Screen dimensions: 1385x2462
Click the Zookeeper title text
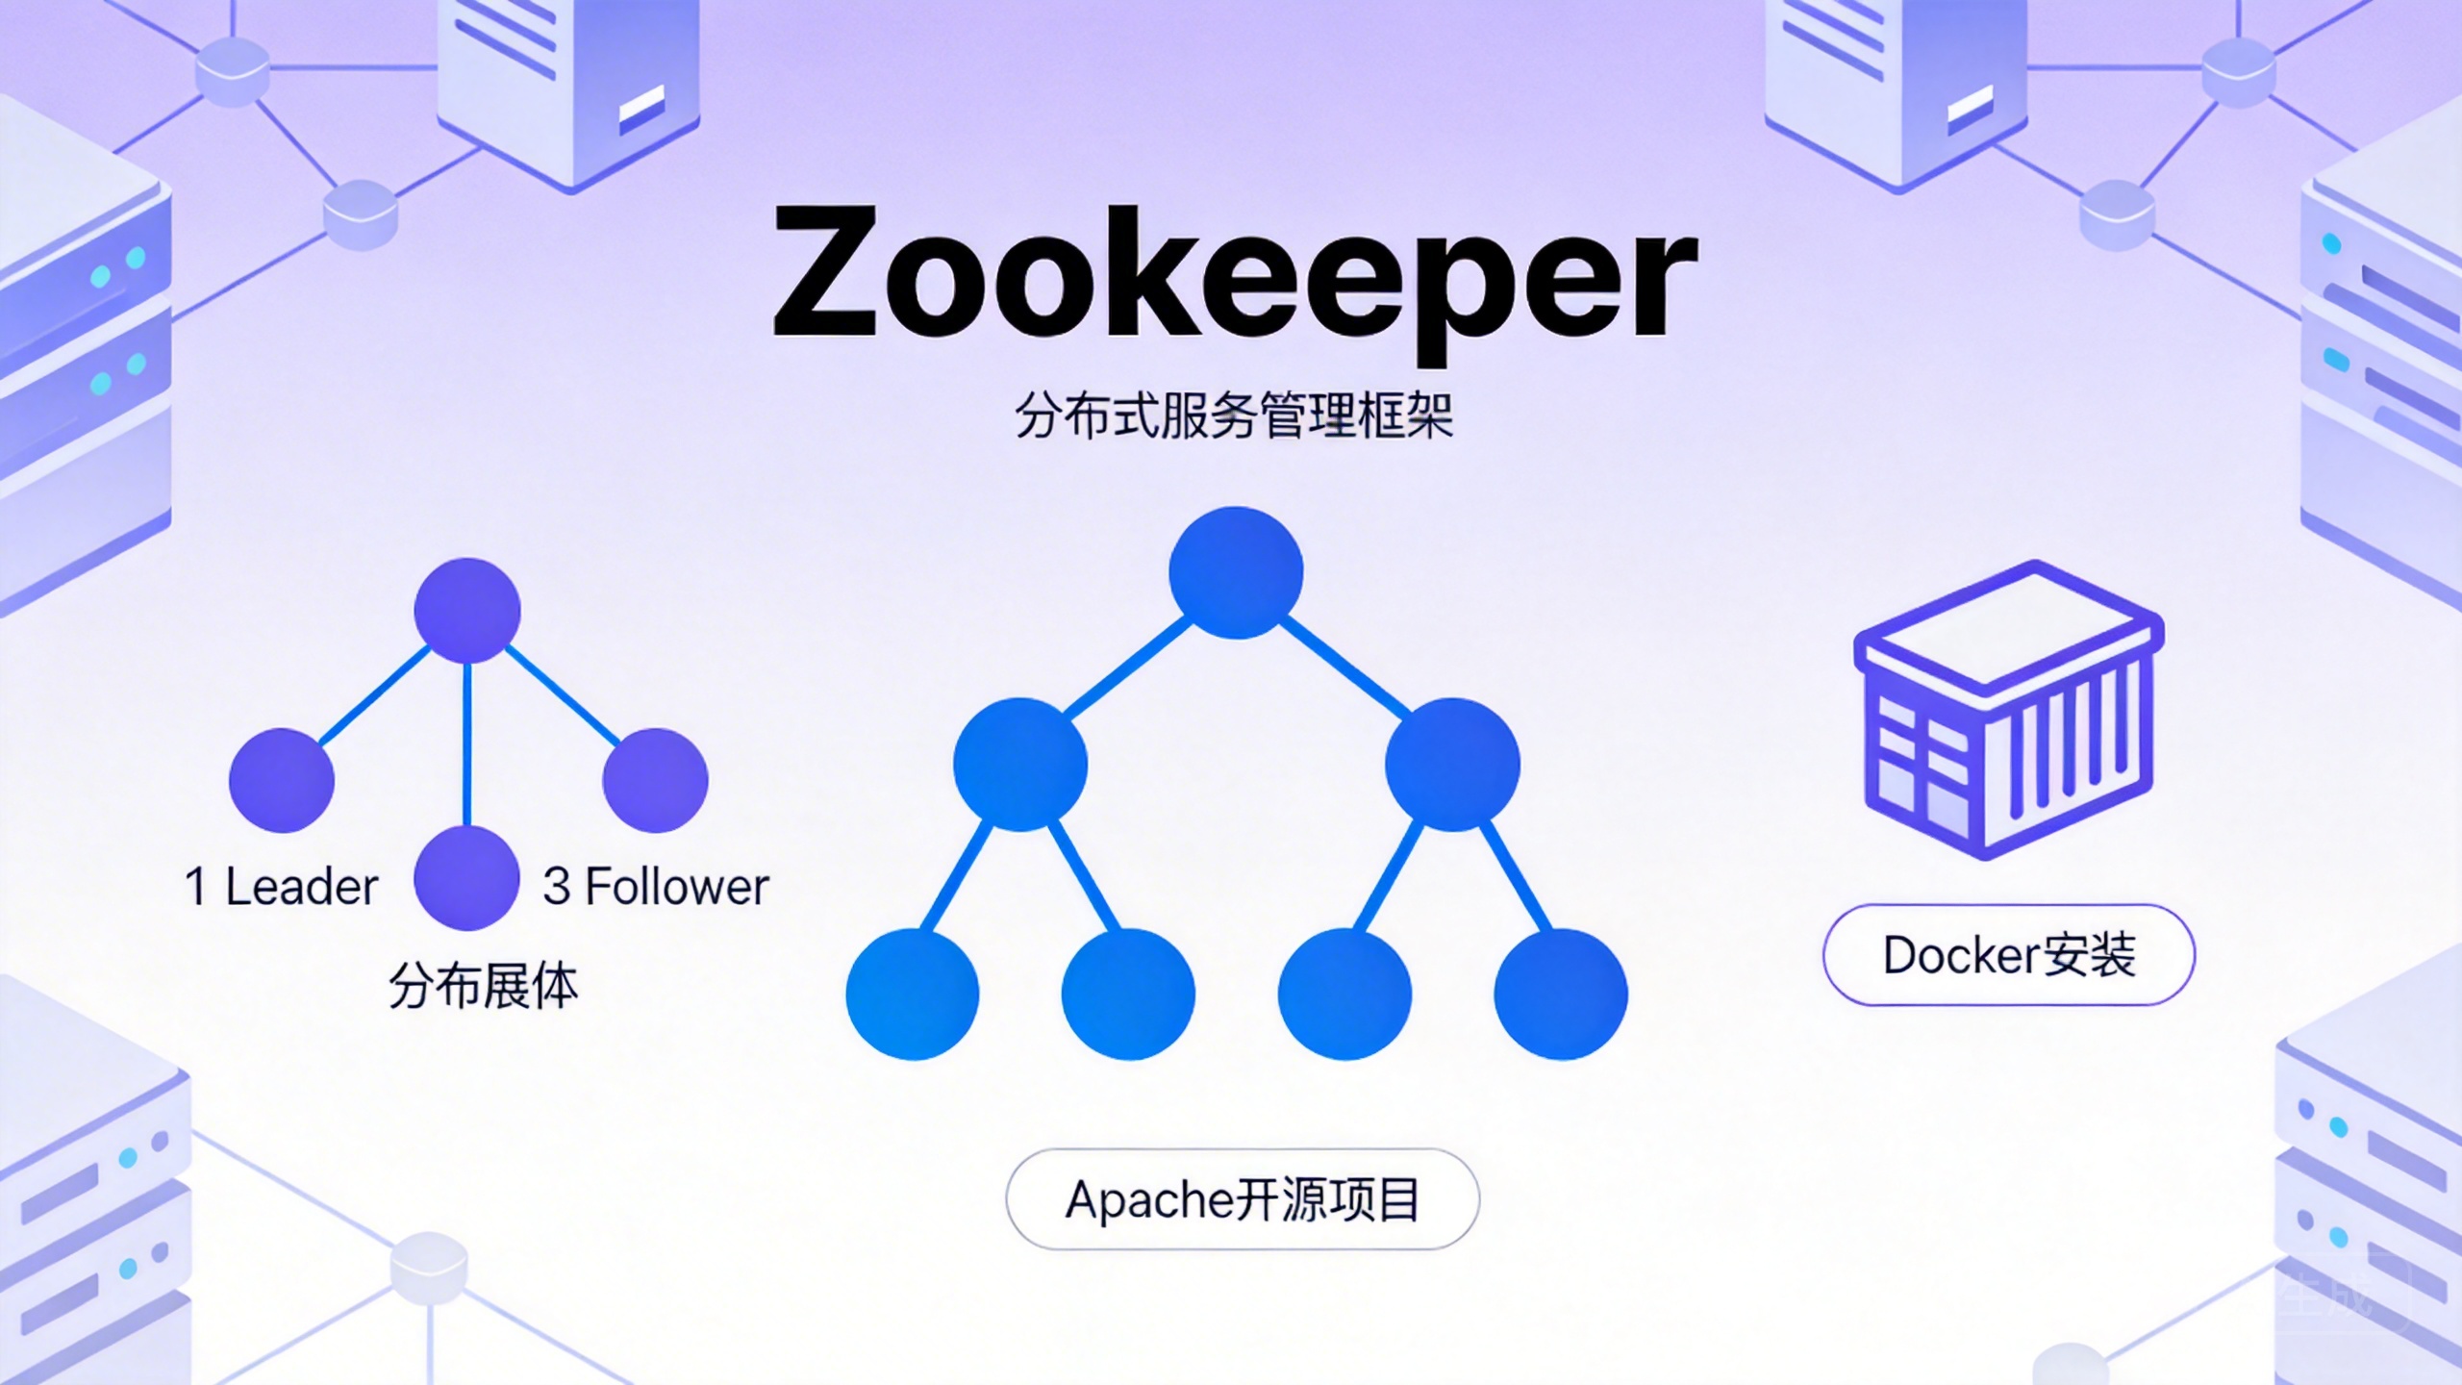coord(1235,274)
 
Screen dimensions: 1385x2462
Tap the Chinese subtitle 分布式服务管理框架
coord(1234,415)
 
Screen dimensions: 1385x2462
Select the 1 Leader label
coord(281,886)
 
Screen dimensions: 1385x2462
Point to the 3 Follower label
coord(656,886)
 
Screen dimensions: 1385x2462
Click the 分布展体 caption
coord(483,986)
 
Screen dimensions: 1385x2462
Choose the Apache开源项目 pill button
coord(1242,1199)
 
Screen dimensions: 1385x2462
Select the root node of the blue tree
coord(1236,573)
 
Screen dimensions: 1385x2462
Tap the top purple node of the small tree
coord(467,611)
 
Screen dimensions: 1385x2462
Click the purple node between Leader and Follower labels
coord(467,877)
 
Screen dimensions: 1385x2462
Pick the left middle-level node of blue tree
coord(1020,765)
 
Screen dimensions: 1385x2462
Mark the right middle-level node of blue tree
coord(1452,765)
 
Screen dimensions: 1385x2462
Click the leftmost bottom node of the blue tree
coord(913,995)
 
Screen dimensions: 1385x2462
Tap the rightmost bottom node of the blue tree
coord(1561,995)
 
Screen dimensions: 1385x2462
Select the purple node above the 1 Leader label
coord(282,780)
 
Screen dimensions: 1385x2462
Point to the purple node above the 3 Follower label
coord(655,780)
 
